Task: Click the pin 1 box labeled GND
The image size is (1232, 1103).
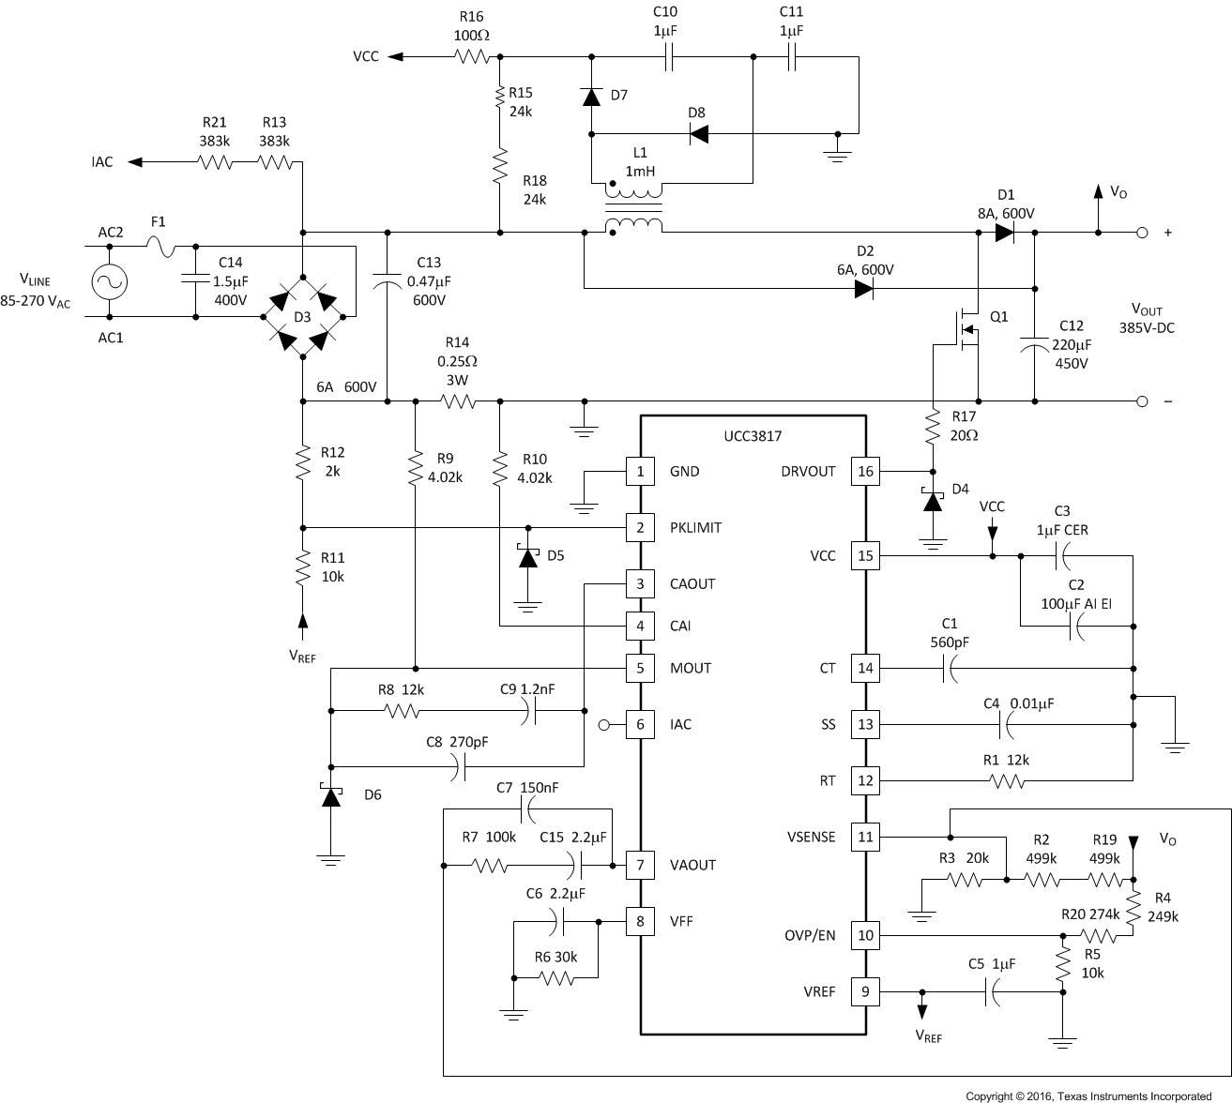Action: (640, 471)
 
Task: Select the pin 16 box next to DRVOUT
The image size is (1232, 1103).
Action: (864, 471)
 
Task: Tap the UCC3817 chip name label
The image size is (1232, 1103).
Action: (753, 436)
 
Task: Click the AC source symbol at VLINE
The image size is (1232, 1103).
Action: (110, 281)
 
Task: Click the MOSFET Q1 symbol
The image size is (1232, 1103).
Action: (966, 330)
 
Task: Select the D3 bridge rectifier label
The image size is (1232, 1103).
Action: (302, 317)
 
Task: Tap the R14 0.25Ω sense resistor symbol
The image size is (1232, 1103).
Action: (459, 401)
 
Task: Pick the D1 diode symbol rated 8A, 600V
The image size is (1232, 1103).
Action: (1005, 233)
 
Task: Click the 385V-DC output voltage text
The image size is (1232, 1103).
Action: (1147, 329)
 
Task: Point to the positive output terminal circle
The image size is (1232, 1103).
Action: (1142, 233)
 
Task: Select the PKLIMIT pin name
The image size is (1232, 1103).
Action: (695, 527)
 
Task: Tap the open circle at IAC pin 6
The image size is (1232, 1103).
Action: (604, 724)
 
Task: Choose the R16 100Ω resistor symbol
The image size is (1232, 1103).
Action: (472, 56)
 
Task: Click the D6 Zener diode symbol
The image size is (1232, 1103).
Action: (329, 795)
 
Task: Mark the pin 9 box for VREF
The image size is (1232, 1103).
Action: (864, 991)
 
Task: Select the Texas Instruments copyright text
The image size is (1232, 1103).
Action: (1088, 1095)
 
